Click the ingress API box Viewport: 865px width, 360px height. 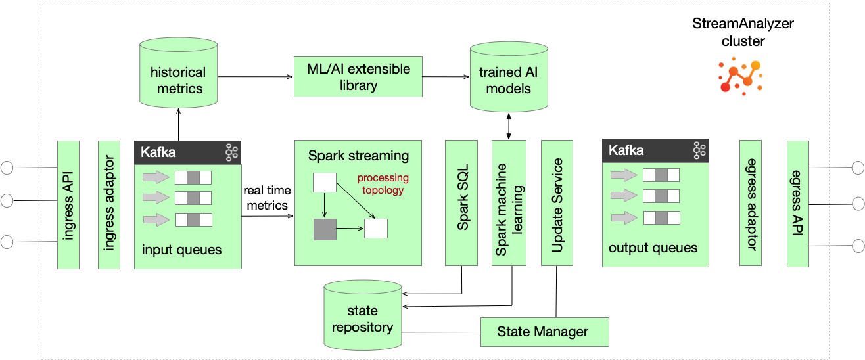click(68, 204)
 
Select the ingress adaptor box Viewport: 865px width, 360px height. click(109, 204)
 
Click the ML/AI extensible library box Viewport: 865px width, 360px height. click(358, 78)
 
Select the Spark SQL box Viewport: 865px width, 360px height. click(463, 202)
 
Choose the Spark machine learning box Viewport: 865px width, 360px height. click(509, 202)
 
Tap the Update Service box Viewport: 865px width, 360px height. click(557, 202)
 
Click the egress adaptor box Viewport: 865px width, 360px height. click(751, 202)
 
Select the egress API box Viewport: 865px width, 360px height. click(797, 202)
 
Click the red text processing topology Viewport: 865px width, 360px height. click(383, 184)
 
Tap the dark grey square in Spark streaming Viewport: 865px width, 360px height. click(325, 229)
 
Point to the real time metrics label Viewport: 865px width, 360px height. click(266, 198)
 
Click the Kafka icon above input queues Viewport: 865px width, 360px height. click(231, 152)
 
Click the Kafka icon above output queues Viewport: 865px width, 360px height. click(699, 150)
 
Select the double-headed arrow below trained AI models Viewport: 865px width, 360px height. click(509, 125)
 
